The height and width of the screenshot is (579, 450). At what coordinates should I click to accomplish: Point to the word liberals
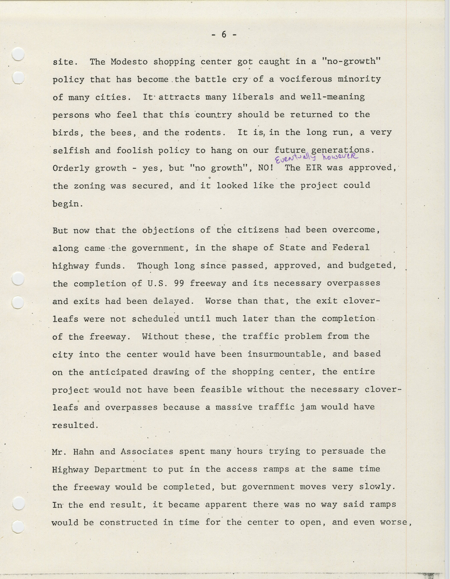[x=253, y=97]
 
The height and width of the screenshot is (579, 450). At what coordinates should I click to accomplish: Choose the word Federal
[x=351, y=248]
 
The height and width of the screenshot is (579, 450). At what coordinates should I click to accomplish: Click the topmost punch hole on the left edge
[x=18, y=54]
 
